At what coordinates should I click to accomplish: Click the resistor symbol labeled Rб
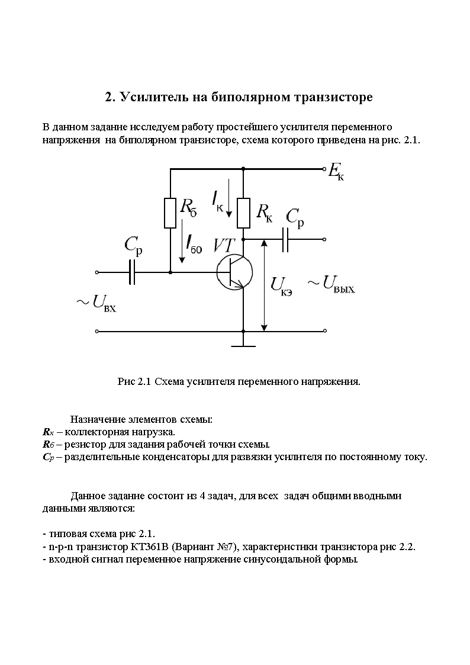(x=170, y=213)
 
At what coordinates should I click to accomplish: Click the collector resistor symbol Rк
(x=243, y=213)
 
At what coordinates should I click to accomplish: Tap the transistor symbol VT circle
(x=235, y=272)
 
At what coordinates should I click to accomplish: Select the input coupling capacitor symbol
(x=133, y=272)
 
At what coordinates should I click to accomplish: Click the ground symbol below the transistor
(x=243, y=342)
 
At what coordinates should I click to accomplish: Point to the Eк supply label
(x=336, y=174)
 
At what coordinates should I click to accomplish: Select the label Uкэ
(x=282, y=285)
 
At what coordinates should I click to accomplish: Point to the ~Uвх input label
(x=95, y=303)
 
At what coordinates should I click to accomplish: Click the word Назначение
(x=97, y=420)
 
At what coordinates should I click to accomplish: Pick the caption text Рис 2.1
(x=134, y=381)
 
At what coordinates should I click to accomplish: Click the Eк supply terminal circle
(x=324, y=169)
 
